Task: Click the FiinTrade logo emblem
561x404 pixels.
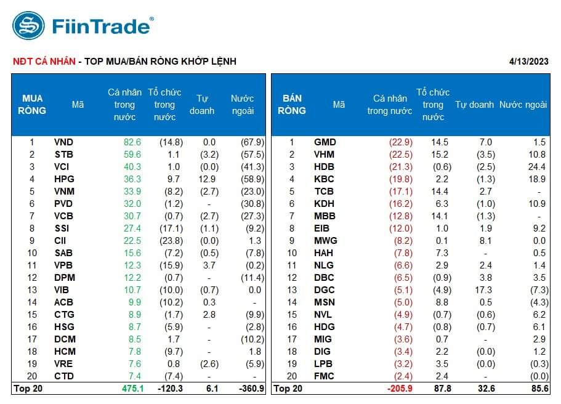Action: (x=28, y=26)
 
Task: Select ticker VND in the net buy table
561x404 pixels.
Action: (x=64, y=142)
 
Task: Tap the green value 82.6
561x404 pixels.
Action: (x=132, y=142)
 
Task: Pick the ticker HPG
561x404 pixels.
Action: (x=64, y=179)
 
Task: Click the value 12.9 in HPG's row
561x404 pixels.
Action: (x=207, y=179)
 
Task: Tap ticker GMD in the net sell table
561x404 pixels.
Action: (x=325, y=142)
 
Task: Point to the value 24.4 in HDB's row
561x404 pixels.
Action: (x=537, y=167)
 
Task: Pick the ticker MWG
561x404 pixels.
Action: (x=325, y=241)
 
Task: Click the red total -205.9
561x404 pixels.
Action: (x=399, y=389)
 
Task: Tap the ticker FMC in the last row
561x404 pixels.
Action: (x=325, y=376)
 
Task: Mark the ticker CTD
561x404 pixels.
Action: (x=64, y=376)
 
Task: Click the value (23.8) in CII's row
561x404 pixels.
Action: (x=171, y=241)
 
